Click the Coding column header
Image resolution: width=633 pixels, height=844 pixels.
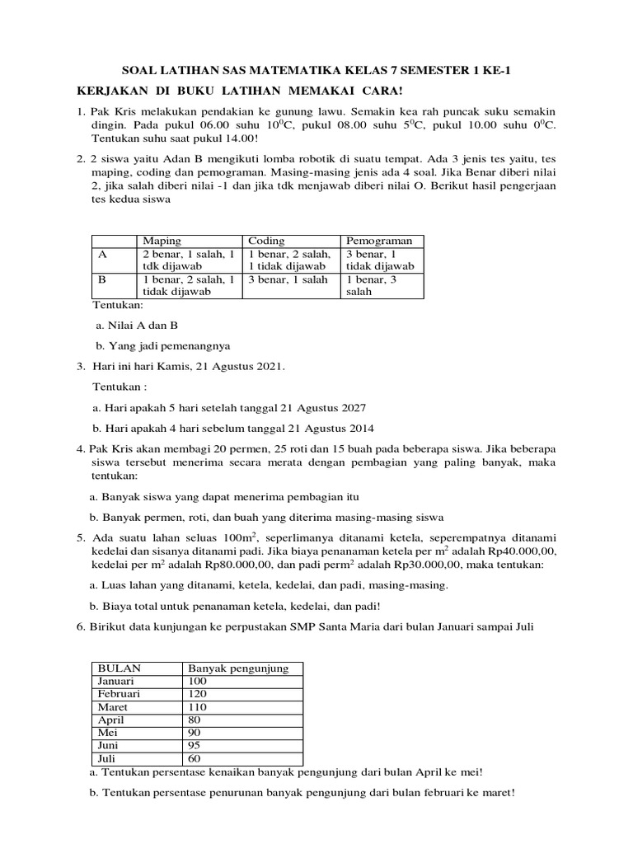pos(266,241)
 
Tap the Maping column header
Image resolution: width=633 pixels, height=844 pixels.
pos(162,241)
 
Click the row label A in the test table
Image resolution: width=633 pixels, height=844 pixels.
pos(104,254)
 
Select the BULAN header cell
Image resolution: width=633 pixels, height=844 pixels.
pos(120,668)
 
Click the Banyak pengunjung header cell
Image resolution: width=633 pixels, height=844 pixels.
pos(239,668)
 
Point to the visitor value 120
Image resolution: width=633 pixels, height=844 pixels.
pos(199,694)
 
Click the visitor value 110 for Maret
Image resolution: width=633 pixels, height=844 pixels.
pos(199,707)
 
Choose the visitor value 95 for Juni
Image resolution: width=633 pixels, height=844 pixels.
pos(196,745)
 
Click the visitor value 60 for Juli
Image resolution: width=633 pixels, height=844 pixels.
pos(196,758)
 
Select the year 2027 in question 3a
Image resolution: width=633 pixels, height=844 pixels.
pos(350,408)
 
